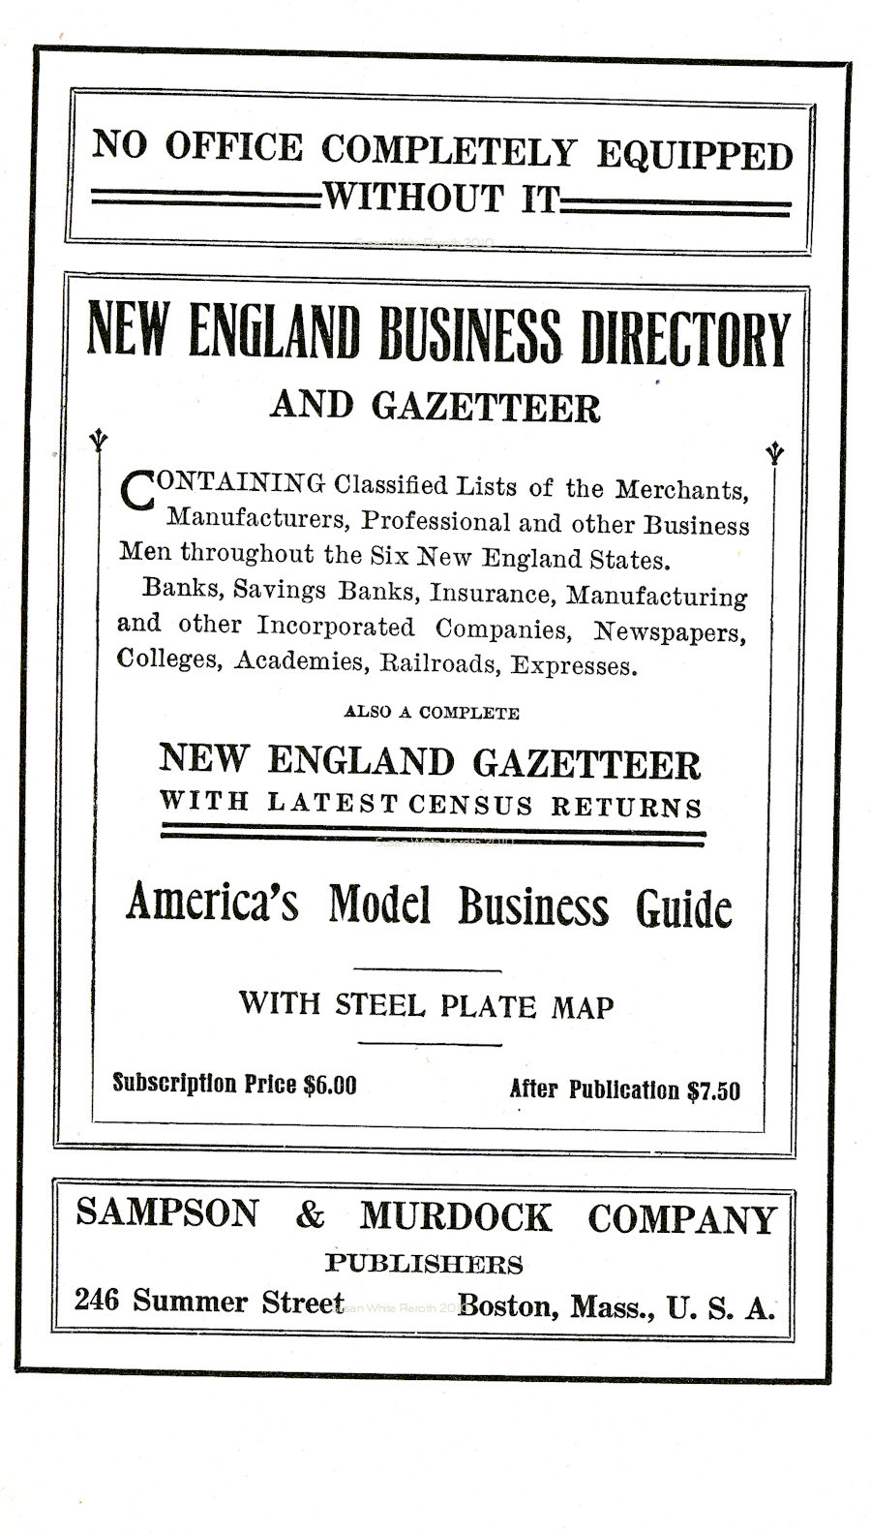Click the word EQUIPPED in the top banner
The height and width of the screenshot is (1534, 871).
(x=694, y=155)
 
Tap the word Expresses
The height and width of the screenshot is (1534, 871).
(x=575, y=666)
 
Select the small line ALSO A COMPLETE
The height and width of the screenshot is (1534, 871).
(x=432, y=713)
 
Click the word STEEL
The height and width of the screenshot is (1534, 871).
(x=380, y=1004)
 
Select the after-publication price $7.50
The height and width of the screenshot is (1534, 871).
(x=713, y=1090)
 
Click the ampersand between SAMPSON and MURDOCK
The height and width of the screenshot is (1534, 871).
(x=310, y=1215)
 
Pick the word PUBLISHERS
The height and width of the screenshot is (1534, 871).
(x=424, y=1264)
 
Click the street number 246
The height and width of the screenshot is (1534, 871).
(x=98, y=1300)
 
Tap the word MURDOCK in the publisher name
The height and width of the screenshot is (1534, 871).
(x=456, y=1217)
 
